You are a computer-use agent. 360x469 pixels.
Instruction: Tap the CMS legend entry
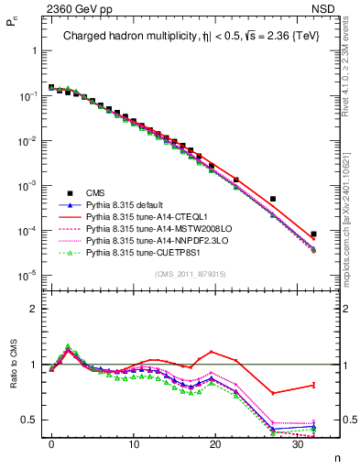point(94,193)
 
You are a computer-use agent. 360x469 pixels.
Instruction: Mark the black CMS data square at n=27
point(272,199)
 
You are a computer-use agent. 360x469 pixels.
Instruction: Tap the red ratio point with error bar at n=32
point(313,385)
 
